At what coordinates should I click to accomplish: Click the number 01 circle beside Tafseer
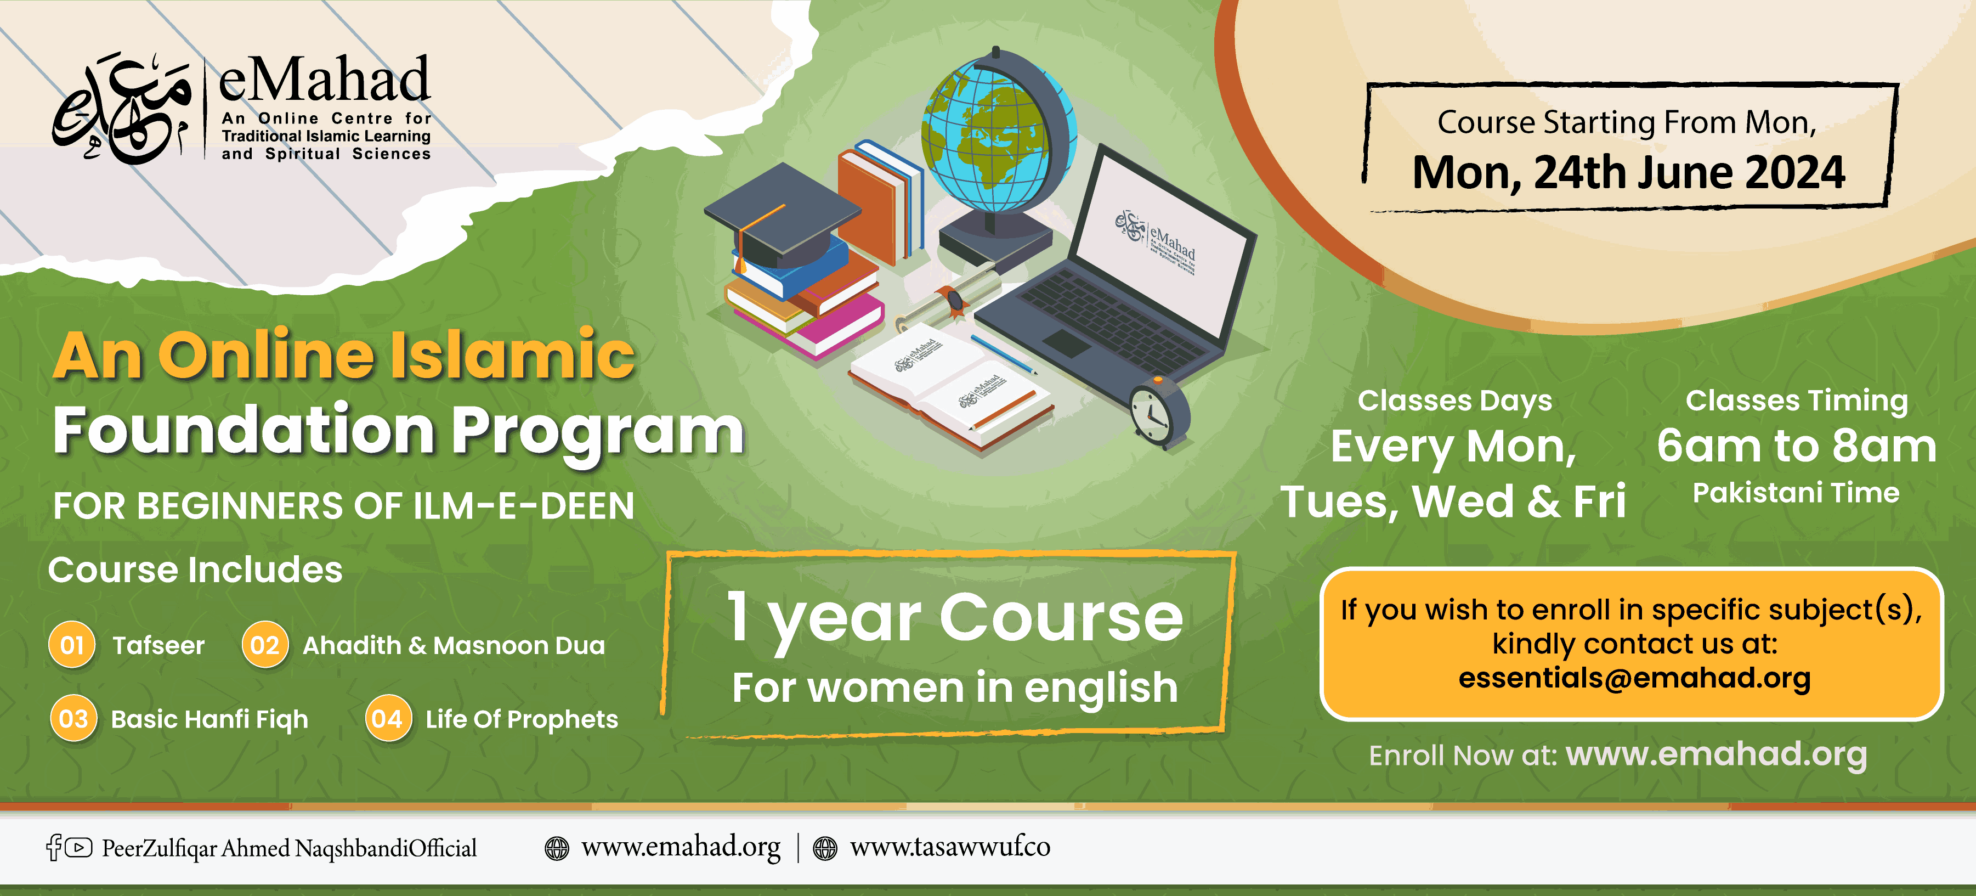[72, 644]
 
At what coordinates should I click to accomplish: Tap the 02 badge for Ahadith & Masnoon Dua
[265, 644]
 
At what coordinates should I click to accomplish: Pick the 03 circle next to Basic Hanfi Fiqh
[73, 718]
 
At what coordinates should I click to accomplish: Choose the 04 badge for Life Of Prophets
[388, 718]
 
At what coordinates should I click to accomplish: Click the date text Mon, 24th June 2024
[1628, 173]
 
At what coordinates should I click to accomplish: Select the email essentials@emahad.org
[1635, 678]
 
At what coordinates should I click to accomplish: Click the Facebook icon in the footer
[54, 847]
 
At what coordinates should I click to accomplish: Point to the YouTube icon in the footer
[78, 847]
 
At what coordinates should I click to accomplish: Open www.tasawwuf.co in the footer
[950, 847]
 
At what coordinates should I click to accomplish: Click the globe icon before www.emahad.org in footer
[557, 848]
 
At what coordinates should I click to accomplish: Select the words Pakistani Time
[1796, 493]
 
